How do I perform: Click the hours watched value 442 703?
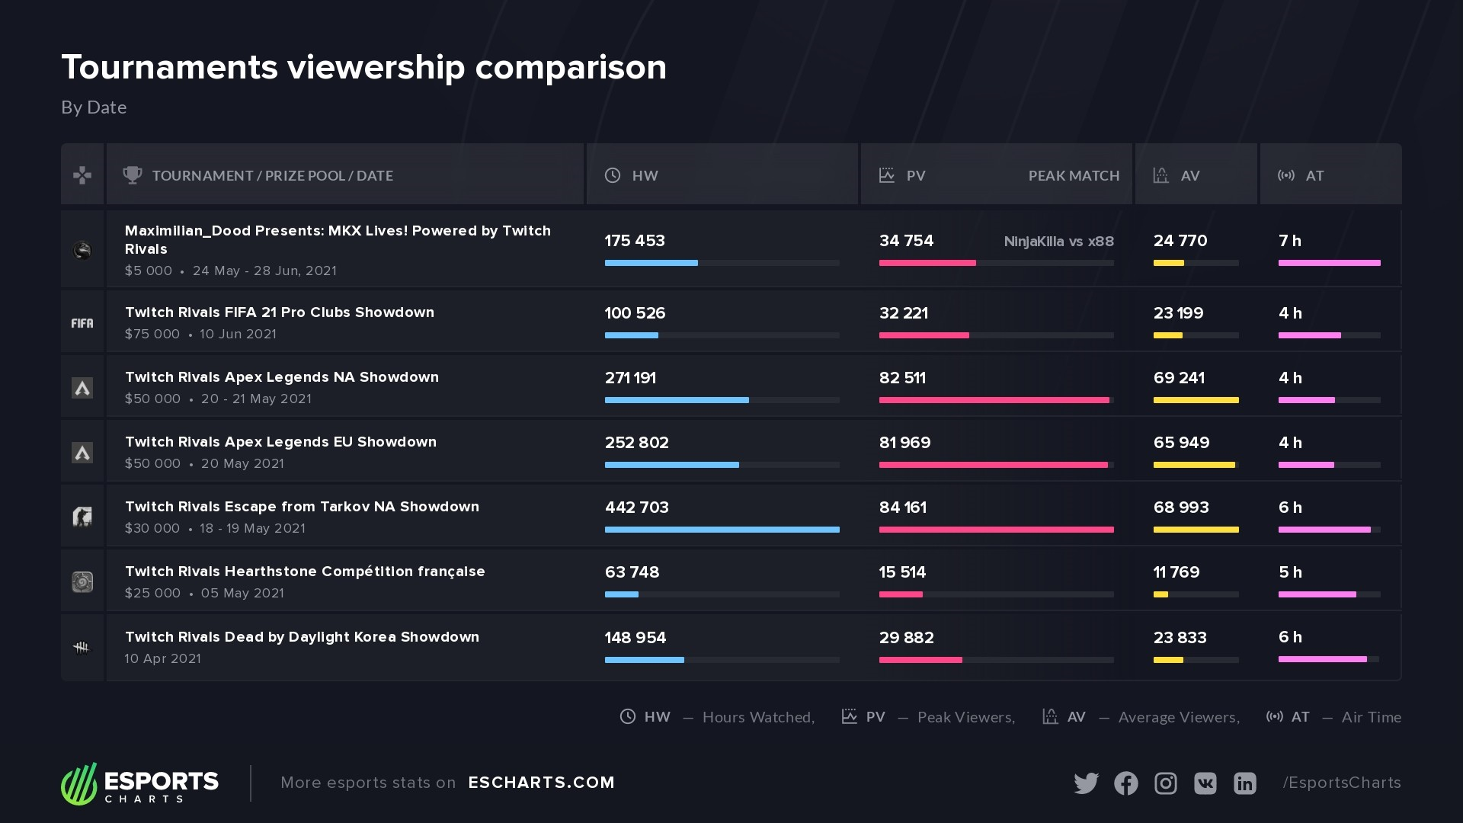point(636,508)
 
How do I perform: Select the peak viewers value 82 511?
point(902,378)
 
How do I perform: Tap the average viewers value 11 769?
point(1176,572)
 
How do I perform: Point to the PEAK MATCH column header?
point(1074,176)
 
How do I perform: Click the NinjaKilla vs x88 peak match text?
point(1058,242)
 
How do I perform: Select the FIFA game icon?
point(82,323)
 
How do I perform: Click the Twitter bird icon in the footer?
point(1086,783)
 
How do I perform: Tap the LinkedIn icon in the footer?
point(1244,783)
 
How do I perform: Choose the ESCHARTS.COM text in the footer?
point(541,783)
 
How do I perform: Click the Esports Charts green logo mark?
point(79,783)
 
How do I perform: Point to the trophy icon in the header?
point(132,175)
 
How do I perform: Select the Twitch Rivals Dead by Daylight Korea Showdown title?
point(302,637)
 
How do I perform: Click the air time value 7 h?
point(1289,241)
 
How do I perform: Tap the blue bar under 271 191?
point(677,400)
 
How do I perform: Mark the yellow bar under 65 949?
point(1194,465)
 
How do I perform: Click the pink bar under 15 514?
point(901,594)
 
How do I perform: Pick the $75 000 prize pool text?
point(152,334)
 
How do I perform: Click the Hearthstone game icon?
point(82,582)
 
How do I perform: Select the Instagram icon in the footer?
point(1165,783)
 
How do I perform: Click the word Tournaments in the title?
point(169,67)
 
